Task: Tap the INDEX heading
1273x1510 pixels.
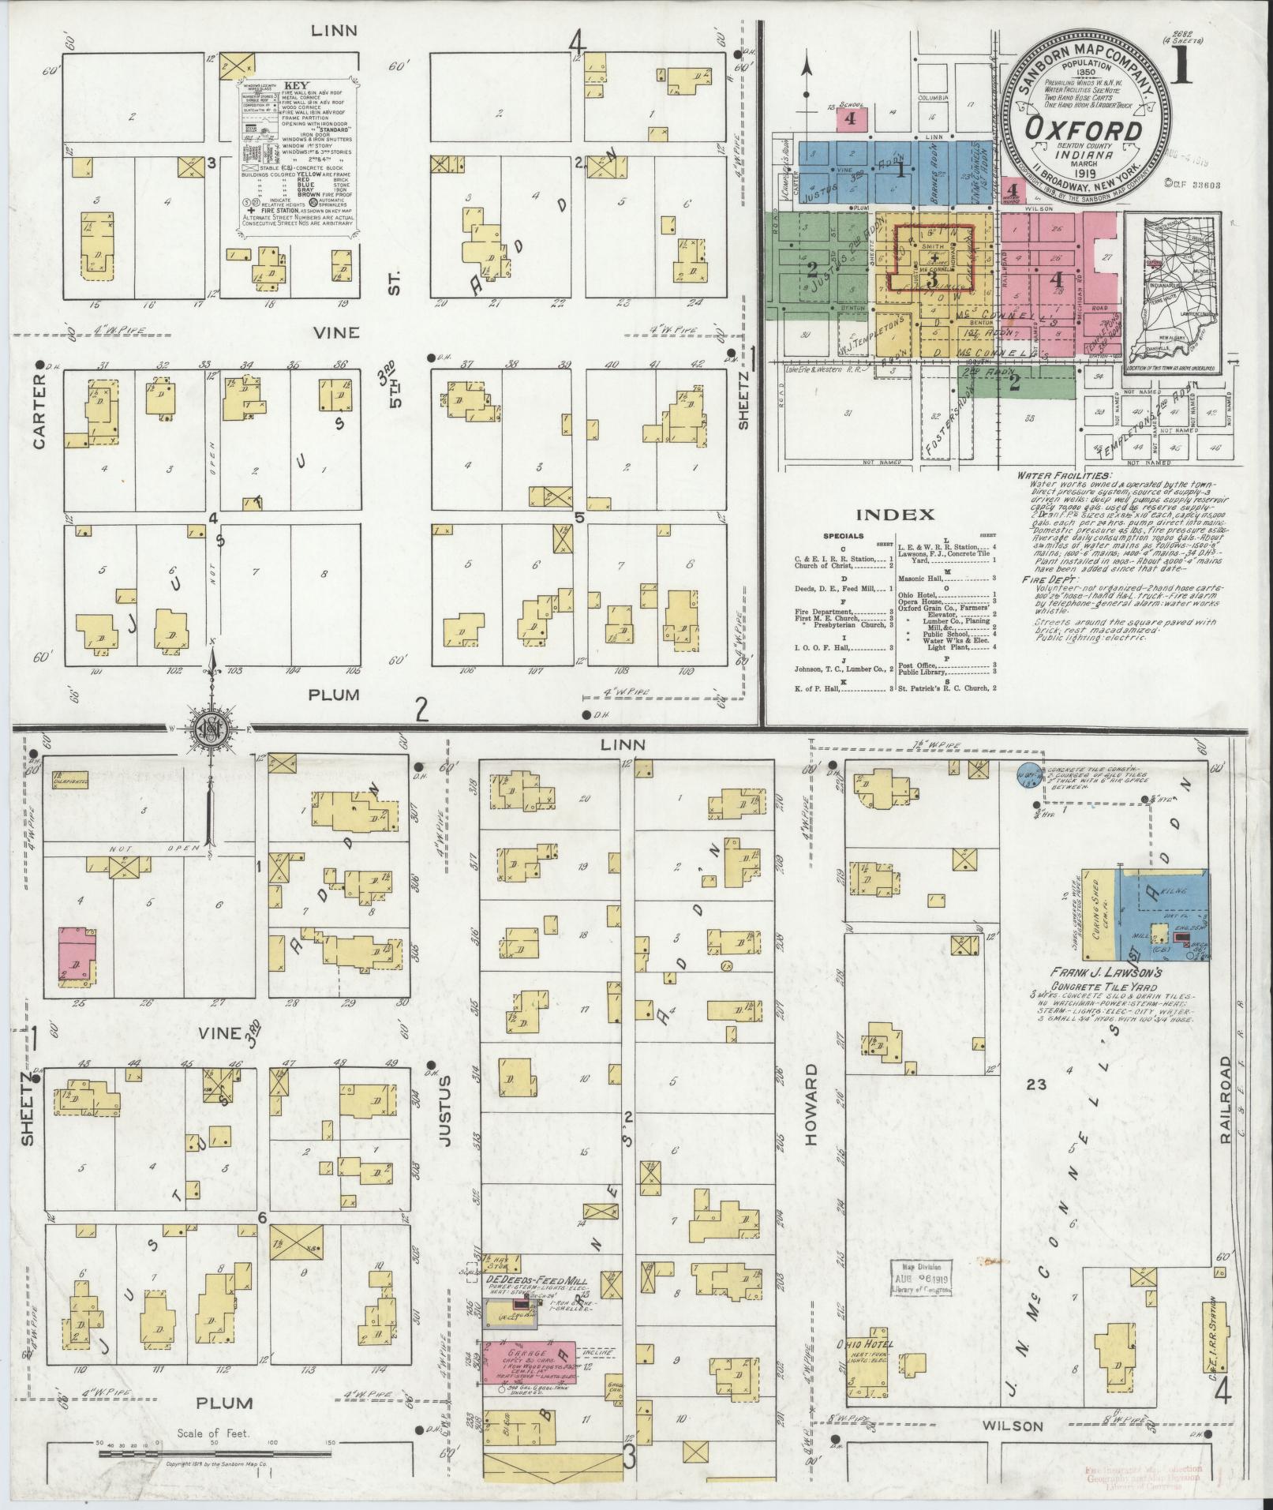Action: pyautogui.click(x=895, y=515)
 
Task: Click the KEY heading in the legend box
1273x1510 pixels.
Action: pyautogui.click(x=297, y=86)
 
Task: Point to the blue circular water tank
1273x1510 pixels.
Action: pyautogui.click(x=1027, y=774)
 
